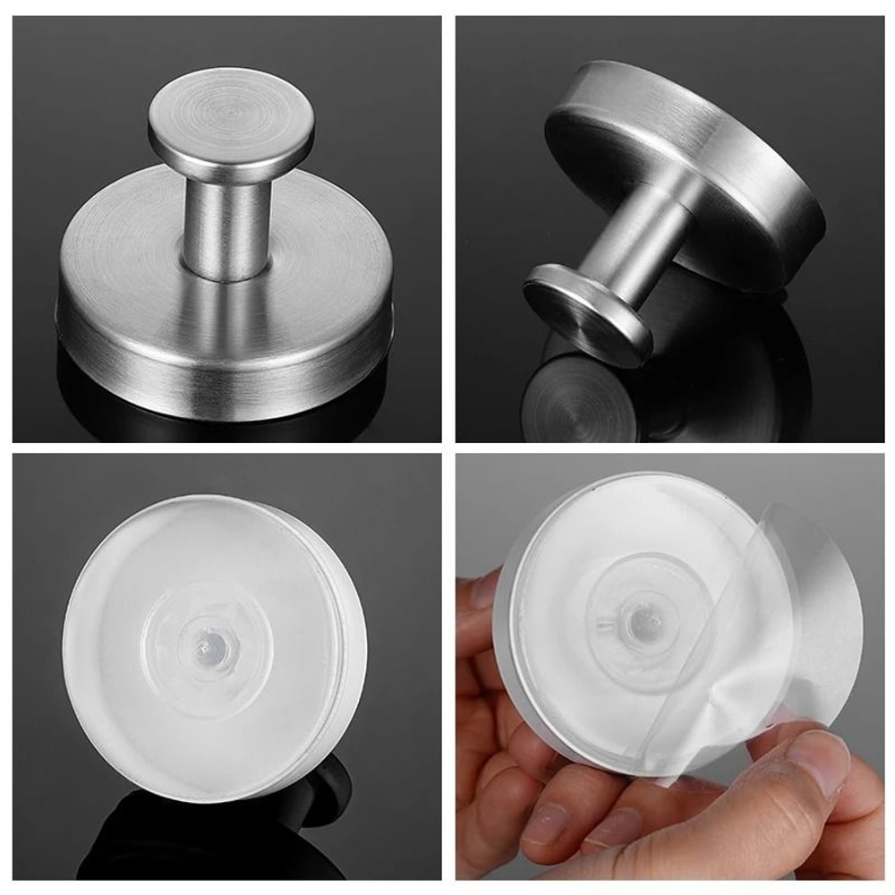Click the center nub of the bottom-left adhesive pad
(209, 641)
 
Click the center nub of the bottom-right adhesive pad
(639, 622)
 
